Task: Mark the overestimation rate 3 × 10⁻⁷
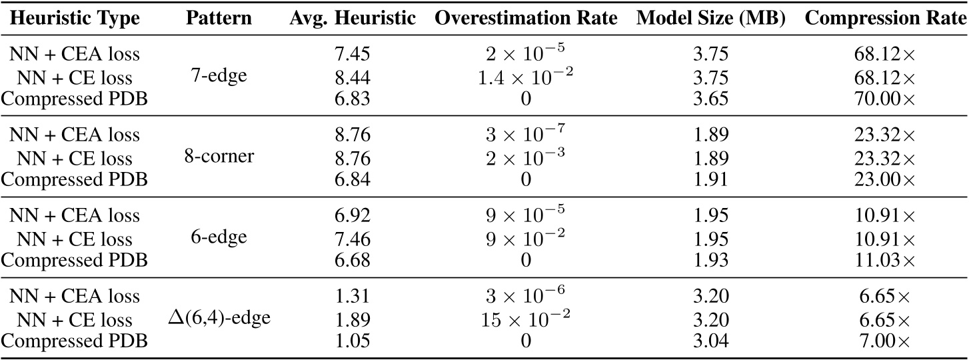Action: coord(526,135)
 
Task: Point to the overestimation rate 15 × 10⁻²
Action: coord(526,319)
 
